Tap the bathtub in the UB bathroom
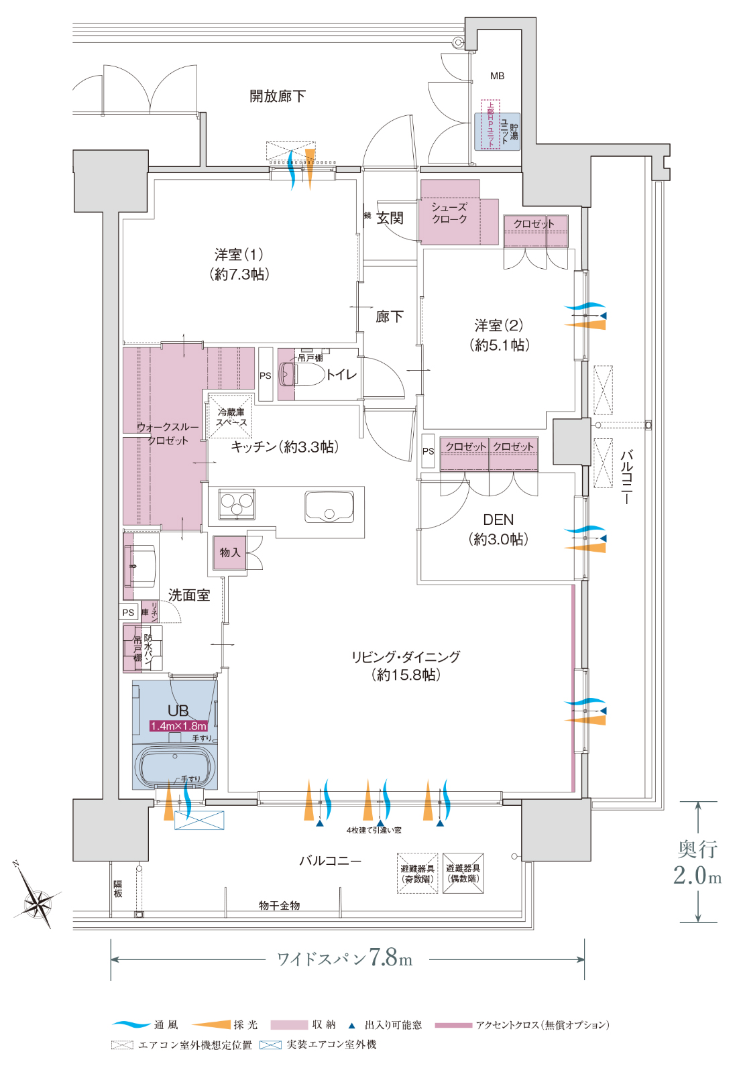coord(176,766)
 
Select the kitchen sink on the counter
coord(329,507)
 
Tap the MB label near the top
coord(497,76)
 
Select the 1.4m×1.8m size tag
coord(178,726)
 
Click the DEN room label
coord(498,520)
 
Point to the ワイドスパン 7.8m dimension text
coord(345,958)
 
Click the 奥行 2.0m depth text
coord(697,862)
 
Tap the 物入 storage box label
coord(230,552)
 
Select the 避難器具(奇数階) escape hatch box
coord(417,874)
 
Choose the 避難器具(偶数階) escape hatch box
coord(463,873)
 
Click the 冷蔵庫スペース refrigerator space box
coord(231,417)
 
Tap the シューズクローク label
coord(449,213)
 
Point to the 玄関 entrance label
coord(390,218)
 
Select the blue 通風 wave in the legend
coord(131,1024)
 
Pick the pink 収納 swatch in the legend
coord(288,1024)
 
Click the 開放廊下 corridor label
coord(277,97)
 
